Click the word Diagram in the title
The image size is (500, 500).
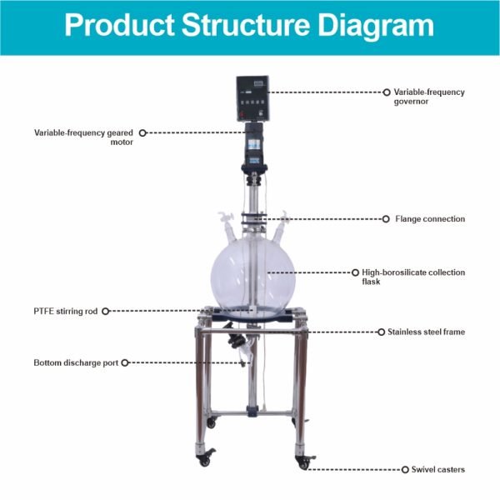click(376, 26)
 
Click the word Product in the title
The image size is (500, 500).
click(119, 25)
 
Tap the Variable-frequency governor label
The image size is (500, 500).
click(429, 97)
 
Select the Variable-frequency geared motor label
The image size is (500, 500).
click(83, 137)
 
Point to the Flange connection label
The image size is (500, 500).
click(430, 218)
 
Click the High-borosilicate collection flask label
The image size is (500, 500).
click(413, 277)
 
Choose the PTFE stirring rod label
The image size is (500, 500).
click(65, 311)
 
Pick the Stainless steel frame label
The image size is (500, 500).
click(426, 332)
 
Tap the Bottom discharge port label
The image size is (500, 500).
click(76, 362)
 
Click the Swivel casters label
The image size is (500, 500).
click(437, 469)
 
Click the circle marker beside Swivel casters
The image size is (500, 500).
click(405, 470)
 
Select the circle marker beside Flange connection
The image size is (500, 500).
click(386, 219)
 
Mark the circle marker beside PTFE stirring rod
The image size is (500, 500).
click(105, 311)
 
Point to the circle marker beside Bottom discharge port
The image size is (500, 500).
click(125, 362)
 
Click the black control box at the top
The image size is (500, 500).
click(252, 98)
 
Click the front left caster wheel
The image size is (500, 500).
click(204, 460)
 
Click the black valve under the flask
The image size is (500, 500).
click(235, 341)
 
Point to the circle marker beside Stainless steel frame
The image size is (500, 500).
click(381, 332)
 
